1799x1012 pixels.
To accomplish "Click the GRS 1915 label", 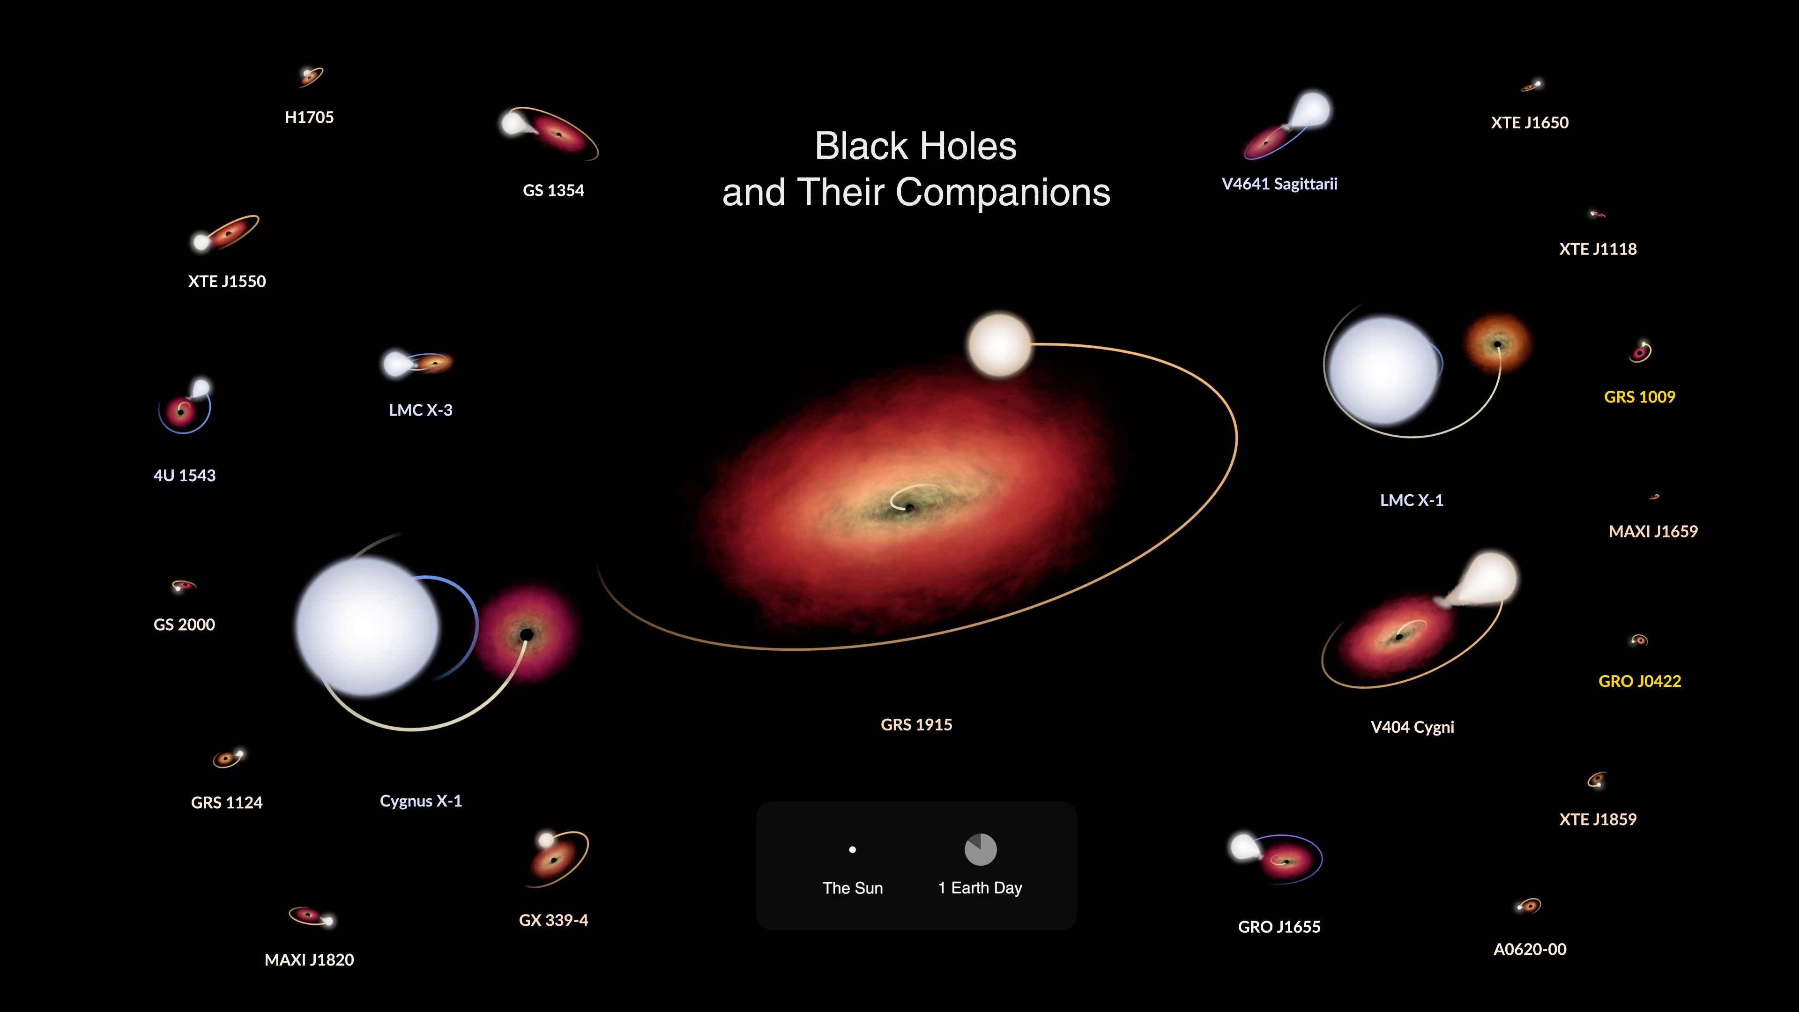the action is tap(916, 725).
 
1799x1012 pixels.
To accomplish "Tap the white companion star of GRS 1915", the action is tap(999, 345).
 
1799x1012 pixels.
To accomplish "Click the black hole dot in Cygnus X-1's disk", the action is tap(527, 634).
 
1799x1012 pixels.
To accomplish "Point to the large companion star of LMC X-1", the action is tap(1383, 371).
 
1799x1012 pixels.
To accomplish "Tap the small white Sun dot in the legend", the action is tap(852, 850).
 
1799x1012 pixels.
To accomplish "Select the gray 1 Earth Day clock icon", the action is tap(981, 849).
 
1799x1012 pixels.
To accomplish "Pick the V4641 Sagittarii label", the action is tap(1279, 185).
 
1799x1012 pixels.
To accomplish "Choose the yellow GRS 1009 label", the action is tap(1639, 397).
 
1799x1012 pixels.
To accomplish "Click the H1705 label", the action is tap(309, 117).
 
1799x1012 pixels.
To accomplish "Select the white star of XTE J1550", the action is tap(202, 242).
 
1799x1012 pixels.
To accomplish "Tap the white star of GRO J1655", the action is tap(1244, 847).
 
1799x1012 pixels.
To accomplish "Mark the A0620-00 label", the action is tap(1530, 949).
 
